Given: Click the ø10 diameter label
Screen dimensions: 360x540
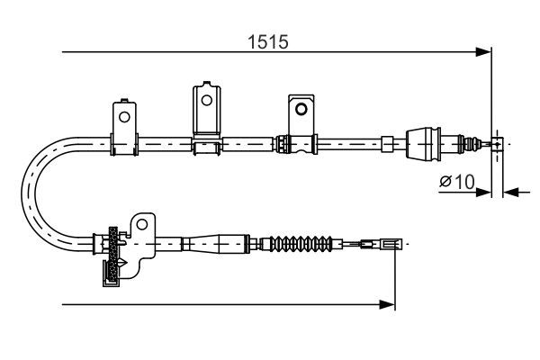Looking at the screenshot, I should coord(456,182).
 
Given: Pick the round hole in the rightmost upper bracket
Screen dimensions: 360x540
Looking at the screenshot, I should coord(301,108).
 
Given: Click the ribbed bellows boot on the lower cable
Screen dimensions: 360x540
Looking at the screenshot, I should coord(302,243).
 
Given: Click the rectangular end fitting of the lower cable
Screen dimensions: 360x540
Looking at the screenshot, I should coord(389,243).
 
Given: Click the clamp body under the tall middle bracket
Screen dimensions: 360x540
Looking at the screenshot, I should coord(208,143).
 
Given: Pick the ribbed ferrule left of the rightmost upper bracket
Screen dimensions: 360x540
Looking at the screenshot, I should coord(283,142).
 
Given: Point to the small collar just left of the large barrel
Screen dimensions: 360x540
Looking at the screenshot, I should coord(387,142).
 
